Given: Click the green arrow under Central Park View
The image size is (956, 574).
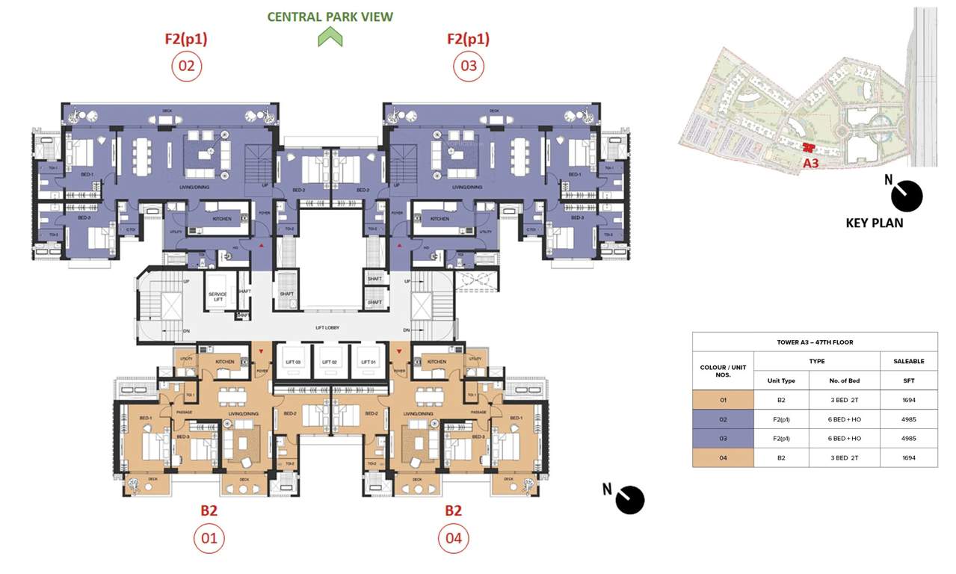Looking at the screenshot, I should click(x=330, y=37).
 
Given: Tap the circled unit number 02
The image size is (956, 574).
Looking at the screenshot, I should click(x=186, y=67).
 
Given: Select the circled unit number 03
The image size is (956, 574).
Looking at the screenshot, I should click(x=469, y=67).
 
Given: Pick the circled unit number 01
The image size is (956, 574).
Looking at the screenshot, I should click(x=209, y=537).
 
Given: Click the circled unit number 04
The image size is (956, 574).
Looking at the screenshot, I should click(x=453, y=537).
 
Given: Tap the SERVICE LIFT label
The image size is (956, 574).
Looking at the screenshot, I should click(x=218, y=296).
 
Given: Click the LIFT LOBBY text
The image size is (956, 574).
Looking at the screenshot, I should click(x=327, y=328).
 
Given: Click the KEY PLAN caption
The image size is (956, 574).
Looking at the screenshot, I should click(x=874, y=223).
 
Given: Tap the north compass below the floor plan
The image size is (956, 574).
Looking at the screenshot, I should click(x=629, y=500).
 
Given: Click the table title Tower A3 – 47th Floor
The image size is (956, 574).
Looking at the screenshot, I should click(x=815, y=342).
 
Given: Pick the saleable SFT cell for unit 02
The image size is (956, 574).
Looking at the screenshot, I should click(x=908, y=419).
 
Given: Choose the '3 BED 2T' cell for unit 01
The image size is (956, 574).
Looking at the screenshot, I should click(x=844, y=400).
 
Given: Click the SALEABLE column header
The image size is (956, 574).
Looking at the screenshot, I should click(x=908, y=361).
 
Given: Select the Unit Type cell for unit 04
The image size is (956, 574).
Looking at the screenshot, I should click(x=781, y=457).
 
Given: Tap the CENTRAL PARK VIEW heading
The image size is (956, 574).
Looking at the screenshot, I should click(x=330, y=16).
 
